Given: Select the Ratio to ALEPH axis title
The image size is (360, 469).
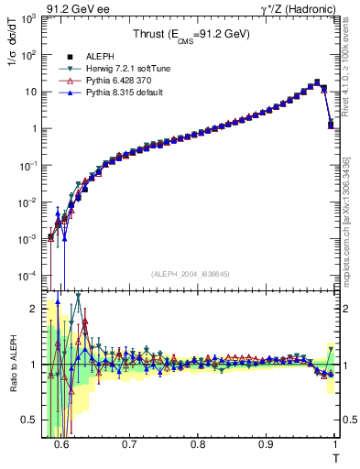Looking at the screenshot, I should [13, 366].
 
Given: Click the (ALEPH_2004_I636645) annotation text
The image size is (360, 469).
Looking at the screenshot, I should [191, 273].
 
